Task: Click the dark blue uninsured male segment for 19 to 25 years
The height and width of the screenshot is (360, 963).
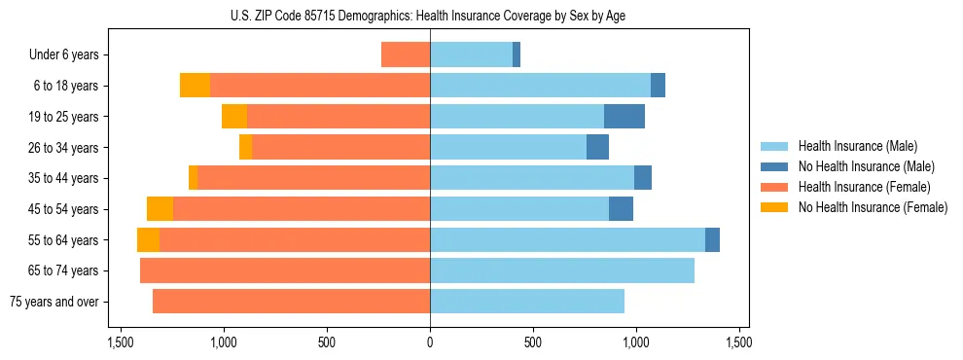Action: point(624,117)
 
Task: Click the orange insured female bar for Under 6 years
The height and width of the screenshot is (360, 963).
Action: point(406,55)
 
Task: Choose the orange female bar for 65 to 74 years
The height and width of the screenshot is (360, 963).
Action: point(285,270)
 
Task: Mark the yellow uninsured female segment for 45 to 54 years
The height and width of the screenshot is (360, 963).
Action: point(160,209)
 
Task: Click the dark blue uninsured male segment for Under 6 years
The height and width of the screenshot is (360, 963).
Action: point(517,55)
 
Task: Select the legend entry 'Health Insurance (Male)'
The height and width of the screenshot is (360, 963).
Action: point(857,146)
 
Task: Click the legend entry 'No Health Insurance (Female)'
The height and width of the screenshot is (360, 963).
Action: point(873,207)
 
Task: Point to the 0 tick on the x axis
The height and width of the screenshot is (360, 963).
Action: point(430,342)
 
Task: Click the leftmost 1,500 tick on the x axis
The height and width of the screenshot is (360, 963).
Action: point(121,342)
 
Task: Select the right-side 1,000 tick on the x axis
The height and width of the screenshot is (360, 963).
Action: point(636,342)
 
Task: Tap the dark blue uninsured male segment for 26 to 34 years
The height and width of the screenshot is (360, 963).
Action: point(597,148)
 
